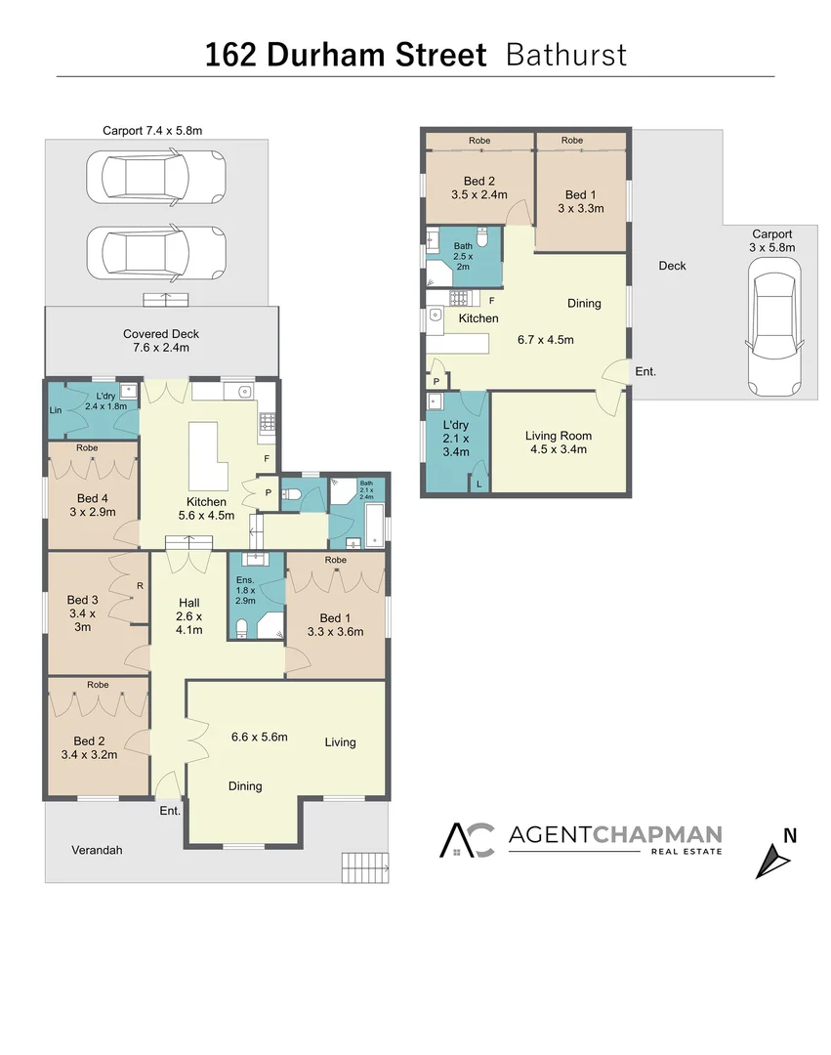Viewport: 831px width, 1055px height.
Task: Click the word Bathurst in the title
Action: (x=566, y=54)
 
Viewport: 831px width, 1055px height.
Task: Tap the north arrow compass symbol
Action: (x=775, y=859)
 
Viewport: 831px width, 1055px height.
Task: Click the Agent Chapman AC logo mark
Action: (x=467, y=839)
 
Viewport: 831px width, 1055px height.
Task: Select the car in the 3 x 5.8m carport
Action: (x=772, y=332)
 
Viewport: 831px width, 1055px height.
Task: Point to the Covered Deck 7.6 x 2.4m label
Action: (x=162, y=340)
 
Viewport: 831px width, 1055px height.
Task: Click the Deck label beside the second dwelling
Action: (x=672, y=266)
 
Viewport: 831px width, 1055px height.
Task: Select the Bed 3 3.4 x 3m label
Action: (x=83, y=612)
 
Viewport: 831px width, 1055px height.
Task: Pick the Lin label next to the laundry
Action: (x=56, y=410)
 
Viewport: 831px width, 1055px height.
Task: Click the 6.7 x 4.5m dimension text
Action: (x=545, y=340)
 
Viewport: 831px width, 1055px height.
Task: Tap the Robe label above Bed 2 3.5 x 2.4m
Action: (x=478, y=141)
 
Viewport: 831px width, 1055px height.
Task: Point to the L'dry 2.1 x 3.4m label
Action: (x=455, y=439)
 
